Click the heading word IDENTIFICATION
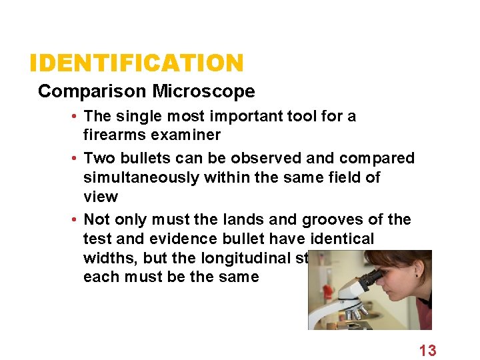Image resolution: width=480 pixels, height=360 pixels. (x=137, y=64)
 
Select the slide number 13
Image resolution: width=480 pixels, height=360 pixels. (x=427, y=350)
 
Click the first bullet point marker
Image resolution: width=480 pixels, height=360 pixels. (x=78, y=117)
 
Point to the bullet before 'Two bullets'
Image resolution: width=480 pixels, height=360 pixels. (x=78, y=159)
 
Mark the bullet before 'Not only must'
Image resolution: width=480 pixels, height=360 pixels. (x=78, y=220)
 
